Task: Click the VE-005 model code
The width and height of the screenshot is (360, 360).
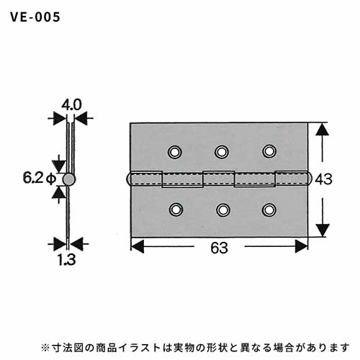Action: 35,17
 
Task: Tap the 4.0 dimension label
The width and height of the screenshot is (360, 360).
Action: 71,105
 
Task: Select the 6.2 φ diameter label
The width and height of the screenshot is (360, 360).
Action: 40,178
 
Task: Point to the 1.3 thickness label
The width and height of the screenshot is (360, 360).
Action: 67,260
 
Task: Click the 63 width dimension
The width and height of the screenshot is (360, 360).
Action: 219,248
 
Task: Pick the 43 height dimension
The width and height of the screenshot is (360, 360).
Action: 323,179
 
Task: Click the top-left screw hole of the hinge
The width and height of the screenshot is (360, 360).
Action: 175,152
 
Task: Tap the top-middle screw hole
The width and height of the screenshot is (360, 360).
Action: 221,151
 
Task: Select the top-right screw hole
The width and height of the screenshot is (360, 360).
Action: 269,151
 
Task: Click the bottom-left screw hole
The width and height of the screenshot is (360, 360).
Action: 176,210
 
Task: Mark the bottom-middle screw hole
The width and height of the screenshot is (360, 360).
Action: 223,210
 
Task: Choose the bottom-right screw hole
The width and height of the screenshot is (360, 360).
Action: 269,210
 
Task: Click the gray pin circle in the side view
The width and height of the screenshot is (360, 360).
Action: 69,179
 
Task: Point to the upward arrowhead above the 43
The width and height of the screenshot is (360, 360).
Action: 322,130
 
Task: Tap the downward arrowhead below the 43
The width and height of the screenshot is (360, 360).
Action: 323,230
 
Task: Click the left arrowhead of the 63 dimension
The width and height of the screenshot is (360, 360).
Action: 138,246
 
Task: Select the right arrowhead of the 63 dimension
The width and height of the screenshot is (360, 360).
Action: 301,246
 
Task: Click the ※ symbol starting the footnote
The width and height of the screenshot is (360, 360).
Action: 45,348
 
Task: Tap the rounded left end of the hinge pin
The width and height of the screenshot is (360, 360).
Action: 128,179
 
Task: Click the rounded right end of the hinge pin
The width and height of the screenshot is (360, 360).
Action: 310,179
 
